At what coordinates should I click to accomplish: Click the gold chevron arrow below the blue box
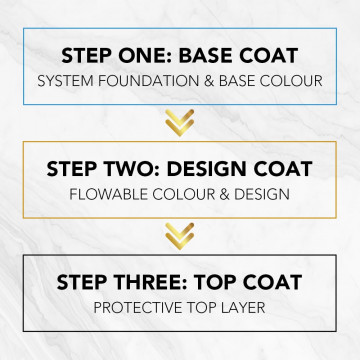(x=180, y=122)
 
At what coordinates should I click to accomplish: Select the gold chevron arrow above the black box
(x=180, y=236)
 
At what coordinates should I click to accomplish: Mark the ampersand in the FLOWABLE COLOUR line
(x=235, y=194)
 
